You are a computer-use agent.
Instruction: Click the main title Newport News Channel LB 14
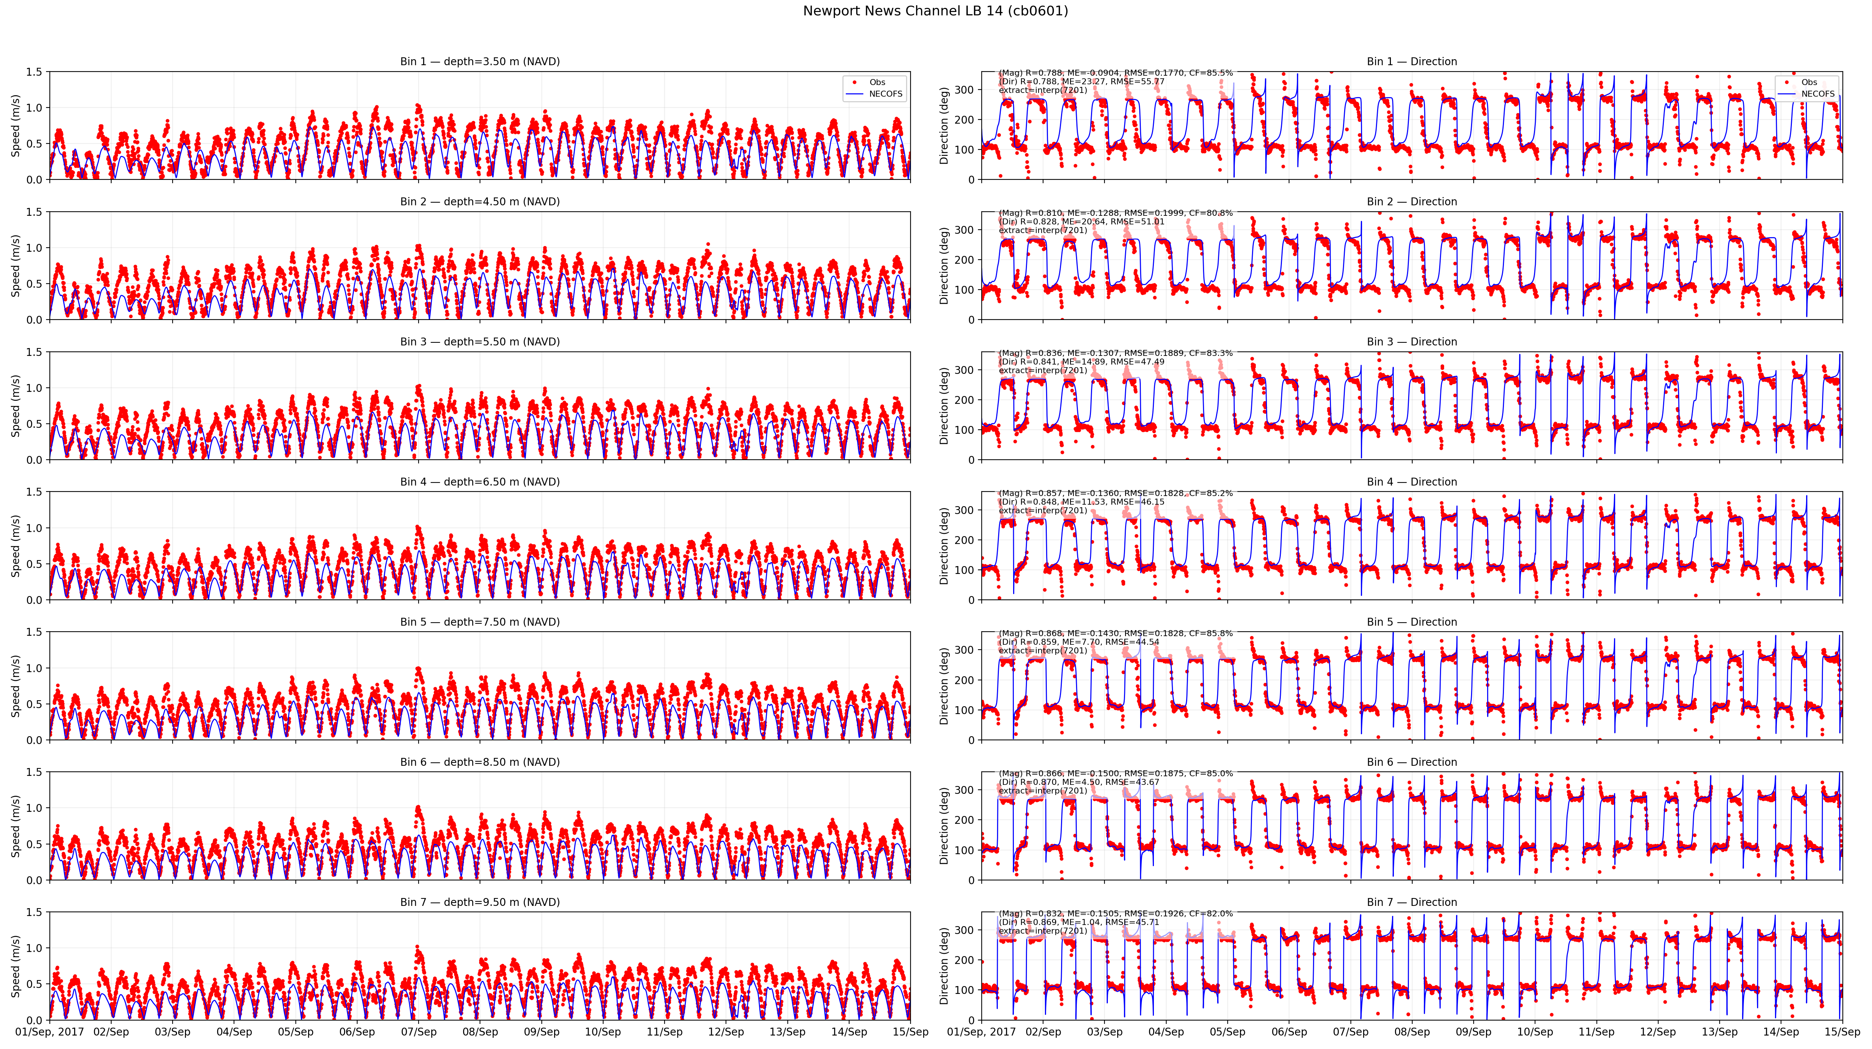point(935,11)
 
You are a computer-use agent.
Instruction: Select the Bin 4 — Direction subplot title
point(1411,482)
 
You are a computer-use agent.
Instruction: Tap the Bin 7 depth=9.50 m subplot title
point(480,902)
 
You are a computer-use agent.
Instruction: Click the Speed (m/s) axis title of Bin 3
point(15,406)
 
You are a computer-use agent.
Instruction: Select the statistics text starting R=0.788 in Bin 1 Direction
point(1115,81)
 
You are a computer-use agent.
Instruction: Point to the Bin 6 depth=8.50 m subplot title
point(480,762)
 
